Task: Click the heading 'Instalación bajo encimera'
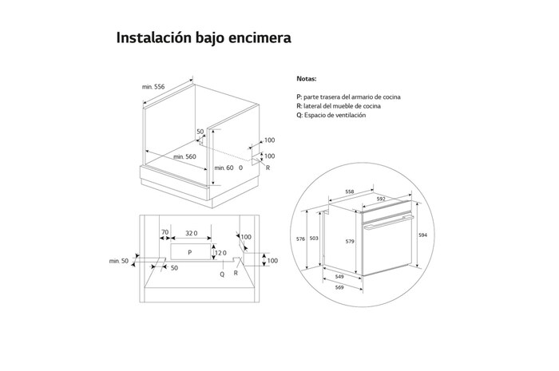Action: (204, 38)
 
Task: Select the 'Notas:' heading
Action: (306, 80)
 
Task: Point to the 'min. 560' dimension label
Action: (184, 156)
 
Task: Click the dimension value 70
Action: (165, 233)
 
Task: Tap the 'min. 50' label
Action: (119, 261)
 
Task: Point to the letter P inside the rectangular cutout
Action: (188, 251)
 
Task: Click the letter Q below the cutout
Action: (222, 273)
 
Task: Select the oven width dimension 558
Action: (351, 192)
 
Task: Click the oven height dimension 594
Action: (422, 235)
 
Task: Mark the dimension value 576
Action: (302, 239)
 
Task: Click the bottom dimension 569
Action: (342, 287)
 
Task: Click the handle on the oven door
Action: (387, 220)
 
